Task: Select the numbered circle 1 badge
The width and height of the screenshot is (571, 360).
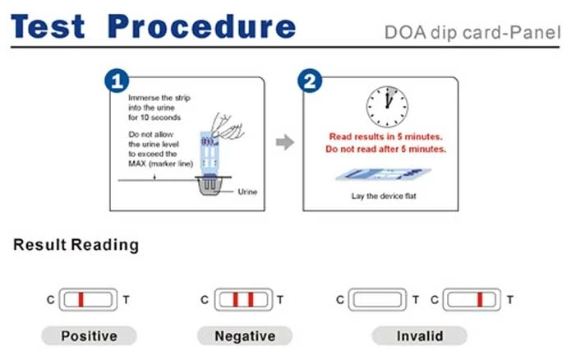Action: pyautogui.click(x=117, y=81)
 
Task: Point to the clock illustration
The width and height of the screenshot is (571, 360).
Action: pyautogui.click(x=387, y=105)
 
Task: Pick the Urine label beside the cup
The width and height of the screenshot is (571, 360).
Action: pyautogui.click(x=247, y=192)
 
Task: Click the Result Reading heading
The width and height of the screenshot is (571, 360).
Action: pyautogui.click(x=76, y=245)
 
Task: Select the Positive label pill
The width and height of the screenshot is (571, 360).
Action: pyautogui.click(x=89, y=335)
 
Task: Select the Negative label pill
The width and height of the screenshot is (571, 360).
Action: pyautogui.click(x=244, y=335)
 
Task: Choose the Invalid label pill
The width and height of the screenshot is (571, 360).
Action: pyautogui.click(x=419, y=335)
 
